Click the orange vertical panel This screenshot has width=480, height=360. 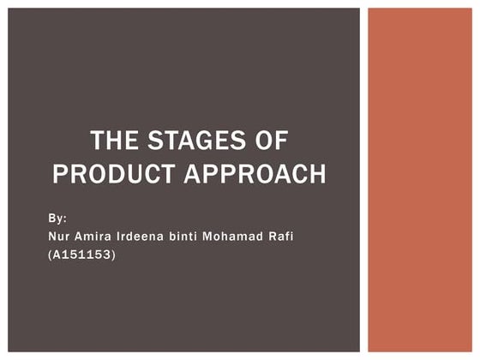coord(419,180)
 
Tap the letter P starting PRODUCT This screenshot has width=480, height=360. coord(60,174)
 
